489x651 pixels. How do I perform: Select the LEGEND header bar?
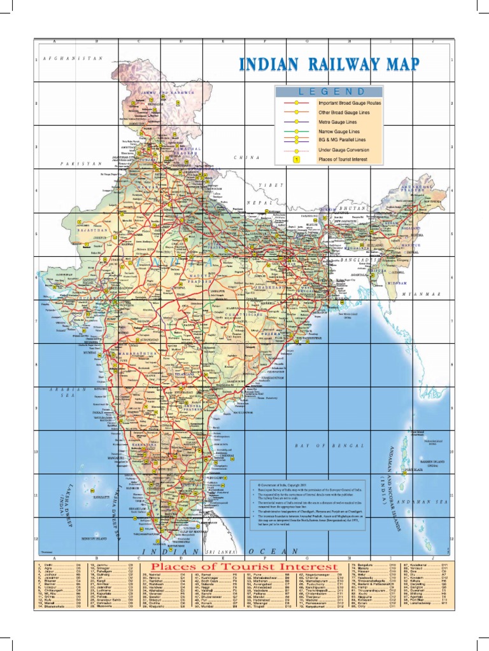tap(329, 92)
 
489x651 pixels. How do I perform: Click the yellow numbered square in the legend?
tap(296, 160)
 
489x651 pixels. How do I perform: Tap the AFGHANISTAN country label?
tap(73, 58)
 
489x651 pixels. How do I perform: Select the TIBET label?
tap(269, 184)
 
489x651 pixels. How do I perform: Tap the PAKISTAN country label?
tap(81, 163)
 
